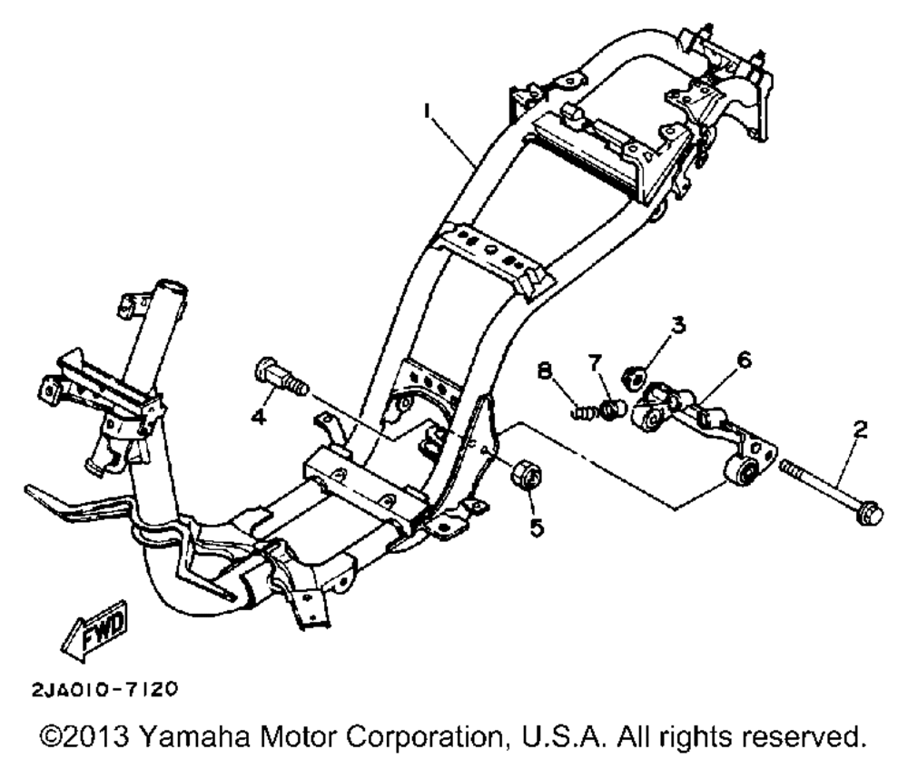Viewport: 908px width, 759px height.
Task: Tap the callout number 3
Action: tap(676, 324)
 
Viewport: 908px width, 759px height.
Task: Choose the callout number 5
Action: tap(537, 526)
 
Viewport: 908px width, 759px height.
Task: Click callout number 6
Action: tap(744, 361)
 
